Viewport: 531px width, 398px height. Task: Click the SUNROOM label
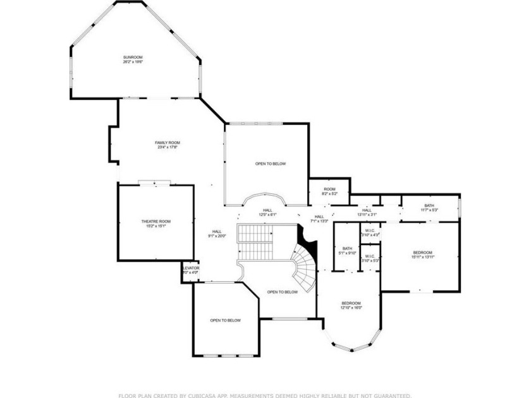tap(133, 57)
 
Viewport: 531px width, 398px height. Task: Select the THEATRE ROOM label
tap(156, 221)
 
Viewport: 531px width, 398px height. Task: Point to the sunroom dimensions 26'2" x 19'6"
tap(133, 62)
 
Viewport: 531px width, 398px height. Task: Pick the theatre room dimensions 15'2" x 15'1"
tap(156, 226)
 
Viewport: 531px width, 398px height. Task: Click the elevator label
tap(190, 268)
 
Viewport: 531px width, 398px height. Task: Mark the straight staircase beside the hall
tap(254, 242)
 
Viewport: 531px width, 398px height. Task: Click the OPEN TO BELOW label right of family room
tap(271, 164)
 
